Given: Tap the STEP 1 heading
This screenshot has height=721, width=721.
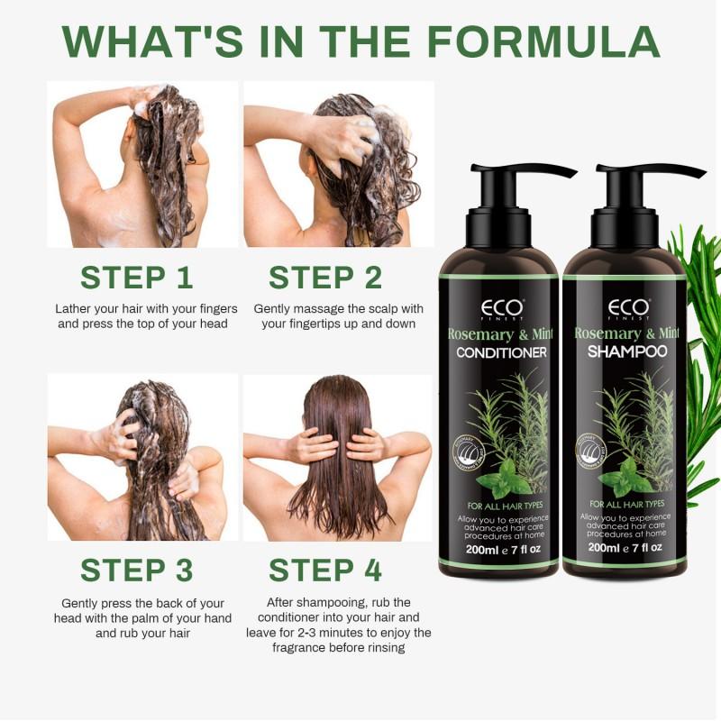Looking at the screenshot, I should point(137,278).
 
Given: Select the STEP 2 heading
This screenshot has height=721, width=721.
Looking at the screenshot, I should point(325,278).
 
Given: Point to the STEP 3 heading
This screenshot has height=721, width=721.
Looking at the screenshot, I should point(137,570).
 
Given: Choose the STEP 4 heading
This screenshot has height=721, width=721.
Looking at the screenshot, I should point(325,570).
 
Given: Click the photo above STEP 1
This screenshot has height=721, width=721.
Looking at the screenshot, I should point(142,164).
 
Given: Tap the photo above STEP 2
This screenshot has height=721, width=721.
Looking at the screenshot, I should point(338,164).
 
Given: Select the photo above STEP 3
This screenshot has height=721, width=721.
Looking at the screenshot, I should point(142,457).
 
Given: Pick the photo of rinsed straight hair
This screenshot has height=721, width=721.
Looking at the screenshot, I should point(338,457).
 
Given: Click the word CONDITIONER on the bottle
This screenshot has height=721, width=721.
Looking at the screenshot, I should point(502,352).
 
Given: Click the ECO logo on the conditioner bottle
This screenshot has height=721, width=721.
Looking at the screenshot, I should point(502,308).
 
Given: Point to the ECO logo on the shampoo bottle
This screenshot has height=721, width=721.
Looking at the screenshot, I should point(627,308).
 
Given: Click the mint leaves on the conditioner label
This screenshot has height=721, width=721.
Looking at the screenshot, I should point(505,473).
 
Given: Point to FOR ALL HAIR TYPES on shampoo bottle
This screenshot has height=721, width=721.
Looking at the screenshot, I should point(627,504).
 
